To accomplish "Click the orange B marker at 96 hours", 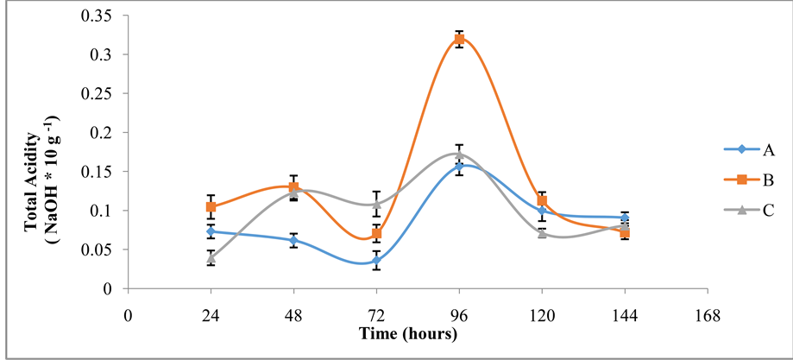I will tap(459, 39).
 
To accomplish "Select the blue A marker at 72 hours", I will tap(376, 260).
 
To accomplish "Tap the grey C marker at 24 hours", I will tap(211, 257).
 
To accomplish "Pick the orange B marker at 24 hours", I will tap(211, 207).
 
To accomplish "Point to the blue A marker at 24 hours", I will tap(211, 231).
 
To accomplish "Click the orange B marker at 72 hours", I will tap(376, 234).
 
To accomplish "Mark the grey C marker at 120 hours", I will tap(542, 233).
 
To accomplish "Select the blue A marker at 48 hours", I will tap(293, 240).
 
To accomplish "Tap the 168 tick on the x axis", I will tap(708, 316).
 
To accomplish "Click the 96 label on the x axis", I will tap(459, 316).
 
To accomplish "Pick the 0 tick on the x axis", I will tap(129, 316).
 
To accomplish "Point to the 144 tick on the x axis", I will tap(625, 316).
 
